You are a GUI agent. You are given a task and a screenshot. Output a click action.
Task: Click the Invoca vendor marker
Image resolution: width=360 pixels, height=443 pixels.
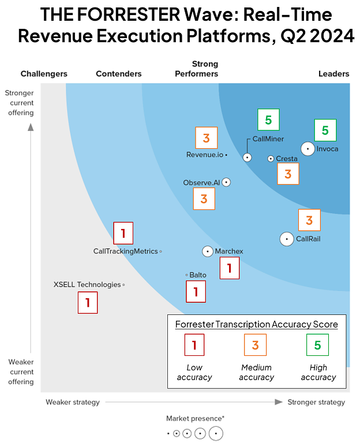[308, 149]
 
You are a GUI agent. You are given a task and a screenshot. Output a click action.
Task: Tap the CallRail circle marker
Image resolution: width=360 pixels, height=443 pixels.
[287, 239]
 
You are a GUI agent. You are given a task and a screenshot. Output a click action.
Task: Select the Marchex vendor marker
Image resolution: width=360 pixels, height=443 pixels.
[208, 251]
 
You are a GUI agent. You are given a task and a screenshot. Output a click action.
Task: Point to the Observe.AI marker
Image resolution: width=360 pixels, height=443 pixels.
[226, 182]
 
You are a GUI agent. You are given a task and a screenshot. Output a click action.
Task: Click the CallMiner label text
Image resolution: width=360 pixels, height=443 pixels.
[268, 139]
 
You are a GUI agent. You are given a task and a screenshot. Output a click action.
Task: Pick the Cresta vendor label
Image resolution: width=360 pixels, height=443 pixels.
[287, 159]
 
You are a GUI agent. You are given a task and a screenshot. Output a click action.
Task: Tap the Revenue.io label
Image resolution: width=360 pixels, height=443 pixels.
[204, 155]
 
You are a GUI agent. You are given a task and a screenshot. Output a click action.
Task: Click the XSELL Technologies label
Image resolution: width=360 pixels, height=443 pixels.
[87, 284]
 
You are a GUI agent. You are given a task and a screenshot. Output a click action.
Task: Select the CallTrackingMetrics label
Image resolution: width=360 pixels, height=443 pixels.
[125, 251]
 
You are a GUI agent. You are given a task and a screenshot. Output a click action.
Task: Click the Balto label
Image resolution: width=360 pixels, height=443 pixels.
[198, 275]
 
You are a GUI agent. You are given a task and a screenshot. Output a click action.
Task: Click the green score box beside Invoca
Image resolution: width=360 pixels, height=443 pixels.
[325, 130]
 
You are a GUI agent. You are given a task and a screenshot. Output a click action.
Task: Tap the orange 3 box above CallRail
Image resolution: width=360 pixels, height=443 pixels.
[309, 220]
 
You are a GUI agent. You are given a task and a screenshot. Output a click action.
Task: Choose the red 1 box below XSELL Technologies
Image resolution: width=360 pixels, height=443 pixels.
[88, 302]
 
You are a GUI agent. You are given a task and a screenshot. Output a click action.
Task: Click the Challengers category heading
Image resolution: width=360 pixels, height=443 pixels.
[44, 74]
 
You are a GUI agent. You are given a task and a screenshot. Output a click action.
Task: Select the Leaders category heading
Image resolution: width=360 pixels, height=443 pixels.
[334, 74]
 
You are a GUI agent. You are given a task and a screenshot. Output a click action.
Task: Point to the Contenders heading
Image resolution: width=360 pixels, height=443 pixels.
[119, 74]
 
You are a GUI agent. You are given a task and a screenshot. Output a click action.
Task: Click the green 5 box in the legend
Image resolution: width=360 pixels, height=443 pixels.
[318, 345]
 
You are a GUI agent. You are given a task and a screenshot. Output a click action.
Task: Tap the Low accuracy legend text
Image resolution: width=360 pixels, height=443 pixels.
[194, 372]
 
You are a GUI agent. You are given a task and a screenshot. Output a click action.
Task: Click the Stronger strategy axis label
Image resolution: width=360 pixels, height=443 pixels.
[316, 402]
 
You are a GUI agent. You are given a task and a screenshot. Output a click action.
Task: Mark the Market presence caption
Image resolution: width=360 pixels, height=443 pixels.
[195, 418]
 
